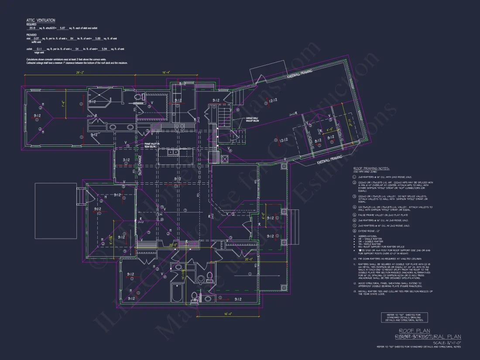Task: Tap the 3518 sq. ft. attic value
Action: pyautogui.click(x=32, y=27)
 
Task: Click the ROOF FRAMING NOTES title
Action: pyautogui.click(x=371, y=168)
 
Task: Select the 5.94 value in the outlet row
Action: pyautogui.click(x=104, y=49)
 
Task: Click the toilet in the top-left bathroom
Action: pyautogui.click(x=138, y=97)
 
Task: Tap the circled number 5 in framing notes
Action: pyautogui.click(x=355, y=215)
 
